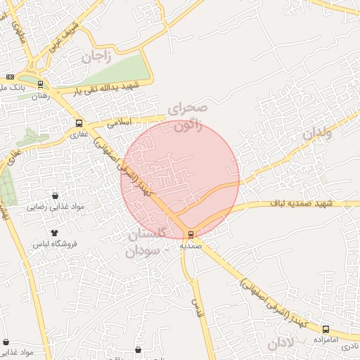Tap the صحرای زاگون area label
[x=188, y=117]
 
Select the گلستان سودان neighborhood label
[x=150, y=244]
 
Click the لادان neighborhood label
[x=281, y=342]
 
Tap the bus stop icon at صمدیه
[x=191, y=234]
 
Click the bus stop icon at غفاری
[x=77, y=122]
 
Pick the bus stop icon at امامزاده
[x=325, y=329]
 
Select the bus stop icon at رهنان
[x=40, y=84]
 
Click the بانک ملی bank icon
[x=10, y=77]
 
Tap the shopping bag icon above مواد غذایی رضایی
[x=56, y=195]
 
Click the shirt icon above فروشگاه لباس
[x=54, y=231]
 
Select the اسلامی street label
[x=118, y=122]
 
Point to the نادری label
[x=349, y=347]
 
